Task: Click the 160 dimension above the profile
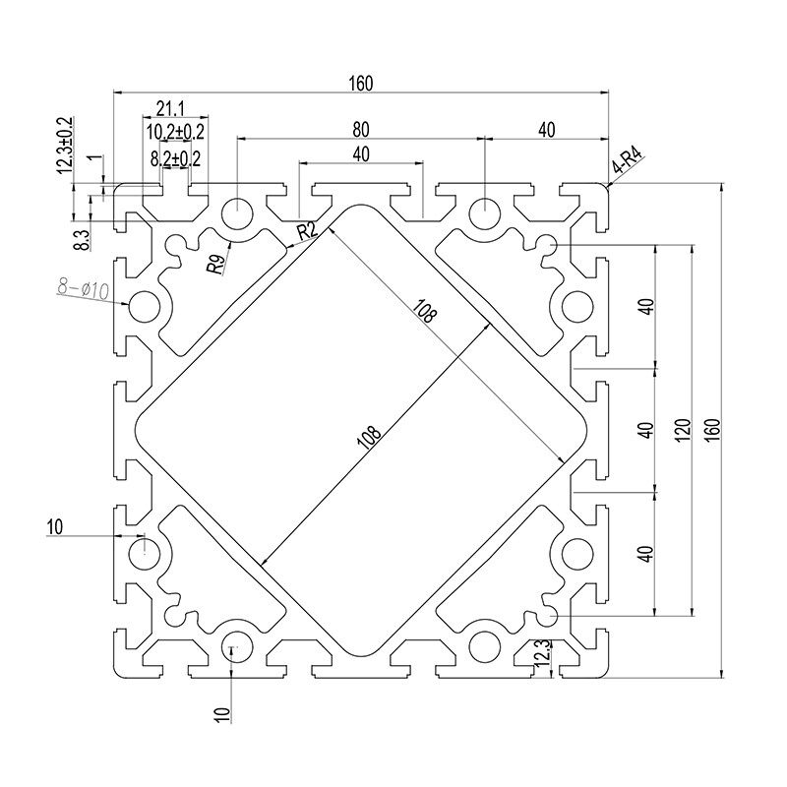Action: coord(360,85)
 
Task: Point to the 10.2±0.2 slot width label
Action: coord(175,132)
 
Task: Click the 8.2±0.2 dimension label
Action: coord(175,157)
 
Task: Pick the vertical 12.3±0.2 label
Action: coord(66,149)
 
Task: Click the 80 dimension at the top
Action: coord(361,129)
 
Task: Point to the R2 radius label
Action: coord(307,231)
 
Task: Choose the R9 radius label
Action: coord(215,264)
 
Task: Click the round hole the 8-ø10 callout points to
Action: coord(146,306)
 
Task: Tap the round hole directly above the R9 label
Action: coord(237,212)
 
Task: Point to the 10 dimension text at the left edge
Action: coord(53,527)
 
